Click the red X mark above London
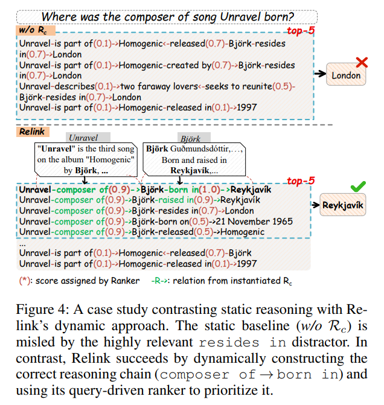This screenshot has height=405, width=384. coord(362,62)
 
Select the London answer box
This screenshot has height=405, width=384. coord(346,75)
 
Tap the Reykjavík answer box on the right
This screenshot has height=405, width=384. coord(342,205)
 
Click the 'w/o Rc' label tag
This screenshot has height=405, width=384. coord(33,29)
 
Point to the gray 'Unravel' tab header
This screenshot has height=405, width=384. coord(83,138)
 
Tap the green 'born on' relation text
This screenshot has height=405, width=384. coord(170,222)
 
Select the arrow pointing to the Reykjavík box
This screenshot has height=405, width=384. coord(315,205)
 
